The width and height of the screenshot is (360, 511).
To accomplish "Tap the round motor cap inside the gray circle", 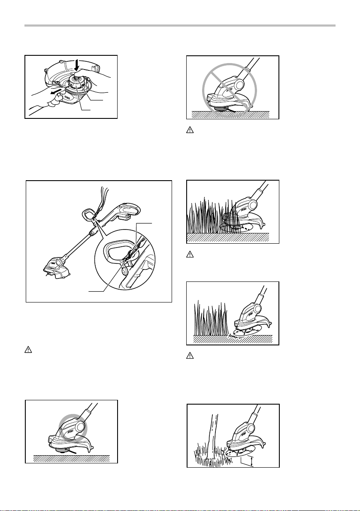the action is click(79, 426).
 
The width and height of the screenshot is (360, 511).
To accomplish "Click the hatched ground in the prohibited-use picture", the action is click(232, 115).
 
